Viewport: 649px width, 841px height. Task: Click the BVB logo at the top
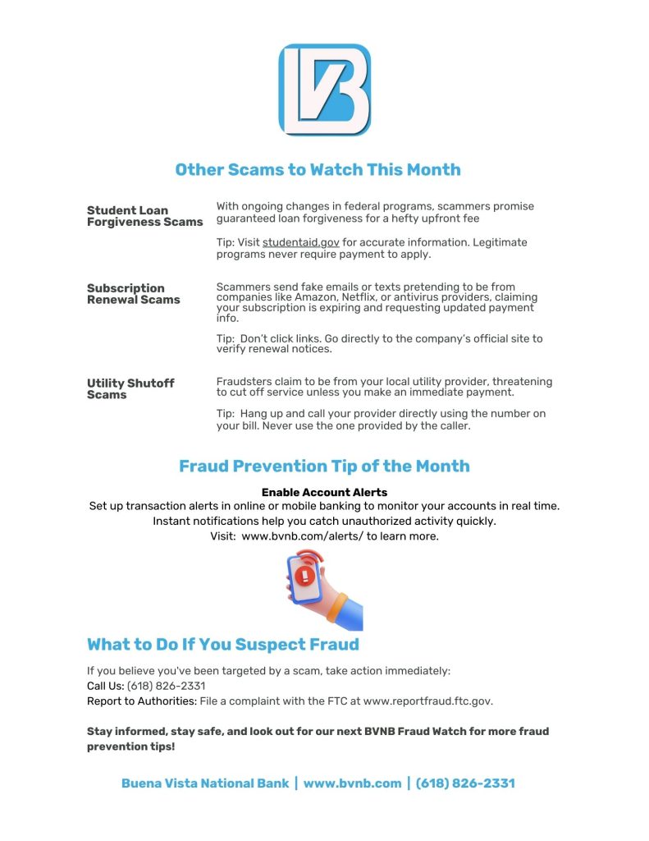324,90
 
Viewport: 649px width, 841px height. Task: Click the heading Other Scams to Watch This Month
318,170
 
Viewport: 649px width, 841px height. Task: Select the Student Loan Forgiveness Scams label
144,216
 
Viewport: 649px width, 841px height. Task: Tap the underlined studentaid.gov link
300,242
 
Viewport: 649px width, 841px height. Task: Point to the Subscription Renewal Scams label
133,294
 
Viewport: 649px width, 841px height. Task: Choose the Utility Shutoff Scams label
130,388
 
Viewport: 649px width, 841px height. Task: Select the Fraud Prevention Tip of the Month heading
324,466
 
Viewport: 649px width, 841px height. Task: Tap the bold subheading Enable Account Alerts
324,493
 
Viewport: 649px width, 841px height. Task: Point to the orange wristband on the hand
336,607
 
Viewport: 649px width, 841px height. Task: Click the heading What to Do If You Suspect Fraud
222,644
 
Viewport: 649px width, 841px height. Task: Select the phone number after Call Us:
166,686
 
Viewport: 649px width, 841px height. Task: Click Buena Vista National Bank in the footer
205,784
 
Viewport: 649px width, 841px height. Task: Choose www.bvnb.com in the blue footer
352,784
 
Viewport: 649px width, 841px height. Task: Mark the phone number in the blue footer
465,784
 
